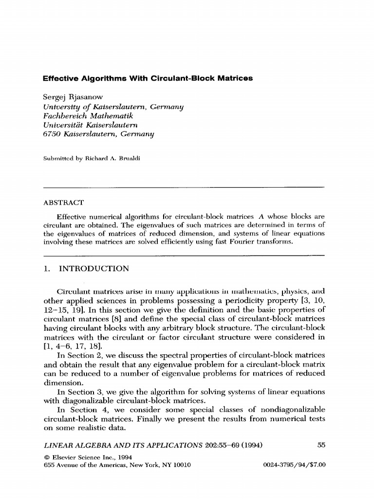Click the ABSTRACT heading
(64, 202)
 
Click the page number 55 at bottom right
(321, 444)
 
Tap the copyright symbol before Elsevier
(46, 457)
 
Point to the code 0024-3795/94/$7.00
(294, 465)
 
